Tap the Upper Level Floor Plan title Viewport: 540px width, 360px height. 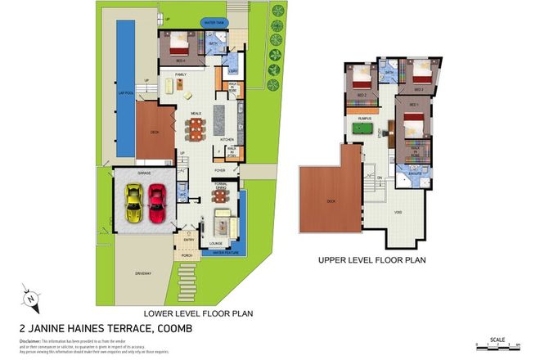(x=371, y=261)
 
